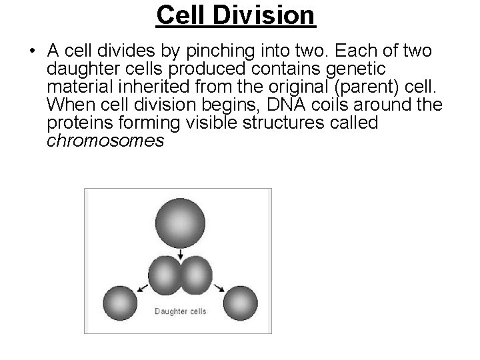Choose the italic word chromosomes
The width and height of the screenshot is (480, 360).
pos(106,141)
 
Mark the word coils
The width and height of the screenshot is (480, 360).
pos(337,105)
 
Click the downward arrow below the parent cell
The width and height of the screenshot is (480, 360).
pos(181,254)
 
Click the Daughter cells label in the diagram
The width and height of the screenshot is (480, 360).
pos(181,311)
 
